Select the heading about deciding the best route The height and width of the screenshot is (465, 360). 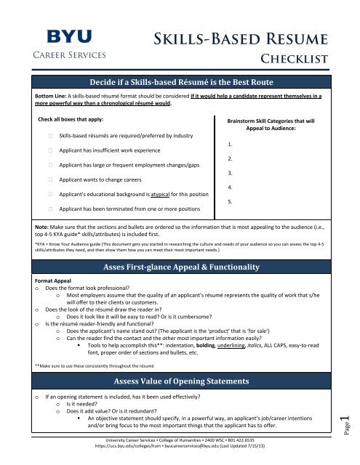181,82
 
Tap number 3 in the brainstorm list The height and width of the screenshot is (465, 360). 231,173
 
